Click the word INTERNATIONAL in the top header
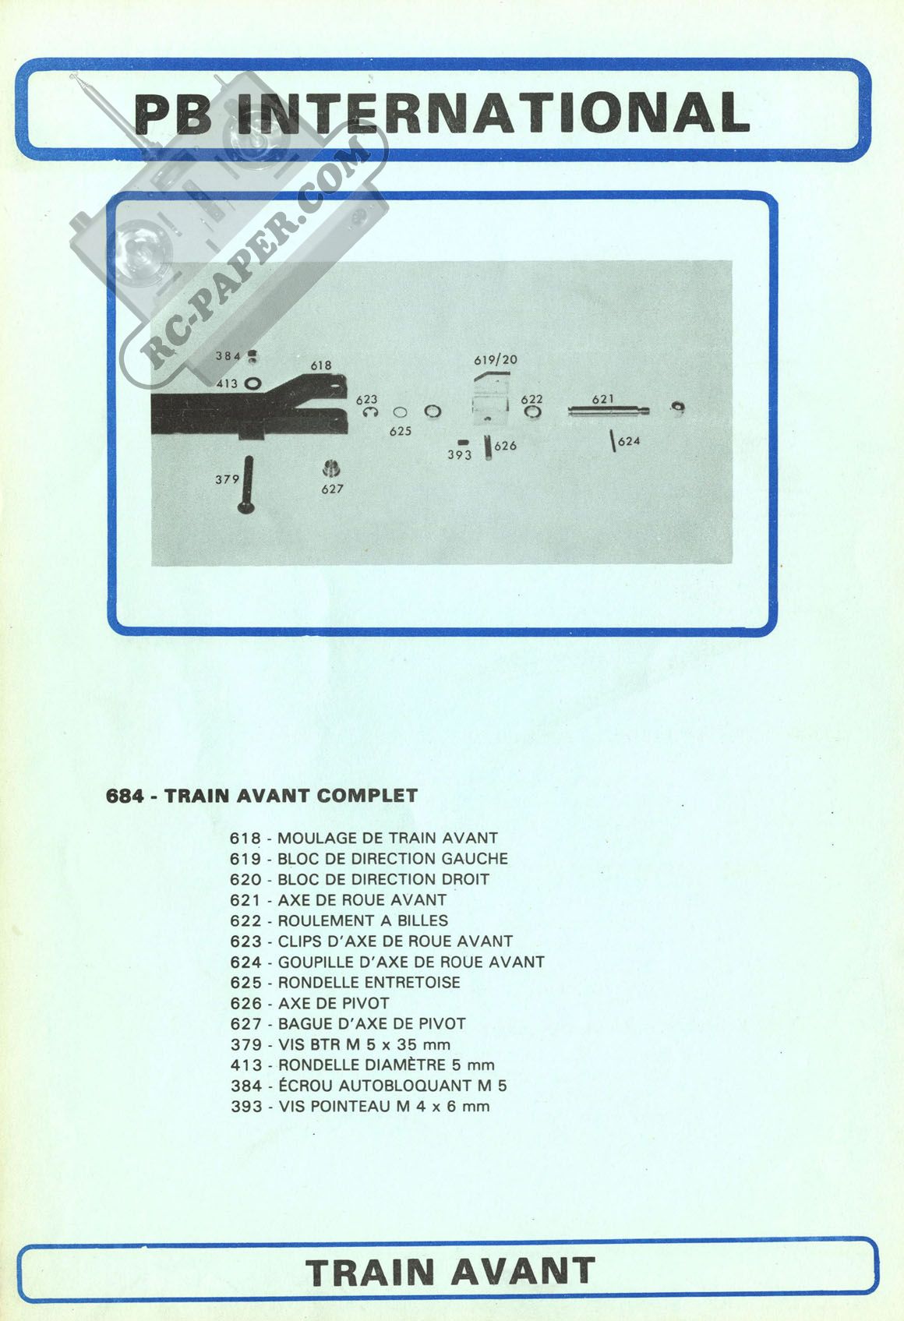[x=496, y=112]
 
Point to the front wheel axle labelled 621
[x=609, y=411]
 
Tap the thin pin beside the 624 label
[x=613, y=441]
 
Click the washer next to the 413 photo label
[x=252, y=383]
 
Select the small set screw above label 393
[x=463, y=442]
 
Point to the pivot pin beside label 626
[x=489, y=447]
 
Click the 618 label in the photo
[x=321, y=366]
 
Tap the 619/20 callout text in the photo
[x=496, y=360]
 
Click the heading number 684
[x=125, y=796]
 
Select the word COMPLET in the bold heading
[x=367, y=796]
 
